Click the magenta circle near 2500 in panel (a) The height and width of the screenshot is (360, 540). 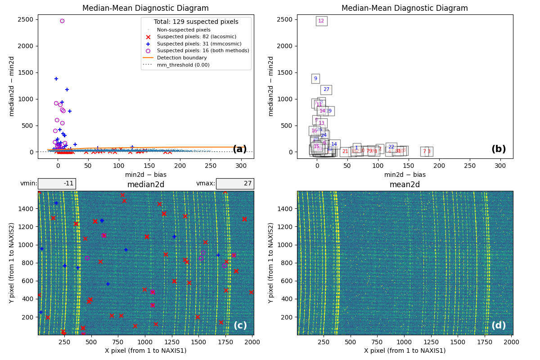[62, 21]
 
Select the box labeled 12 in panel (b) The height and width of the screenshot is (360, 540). [321, 21]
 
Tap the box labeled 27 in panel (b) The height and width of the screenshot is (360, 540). [326, 90]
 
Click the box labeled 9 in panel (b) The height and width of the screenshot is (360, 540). [315, 79]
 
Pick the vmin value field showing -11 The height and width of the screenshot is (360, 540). [57, 184]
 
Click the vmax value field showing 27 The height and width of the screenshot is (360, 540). [235, 184]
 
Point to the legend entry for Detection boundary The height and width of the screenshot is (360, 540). [182, 58]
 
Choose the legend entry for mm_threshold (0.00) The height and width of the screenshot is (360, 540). [183, 65]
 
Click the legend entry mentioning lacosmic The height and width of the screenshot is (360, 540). [196, 37]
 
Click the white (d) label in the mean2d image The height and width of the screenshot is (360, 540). [499, 325]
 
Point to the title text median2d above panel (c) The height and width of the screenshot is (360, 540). [146, 185]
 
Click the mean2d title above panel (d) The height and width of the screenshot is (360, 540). [405, 185]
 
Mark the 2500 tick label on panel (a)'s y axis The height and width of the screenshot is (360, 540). [25, 19]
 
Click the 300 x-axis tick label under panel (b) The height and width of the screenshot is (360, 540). [500, 162]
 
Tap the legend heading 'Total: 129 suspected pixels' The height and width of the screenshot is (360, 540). [196, 22]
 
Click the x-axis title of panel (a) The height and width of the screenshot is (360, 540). [146, 175]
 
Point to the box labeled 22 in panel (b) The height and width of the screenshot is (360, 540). [391, 147]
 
